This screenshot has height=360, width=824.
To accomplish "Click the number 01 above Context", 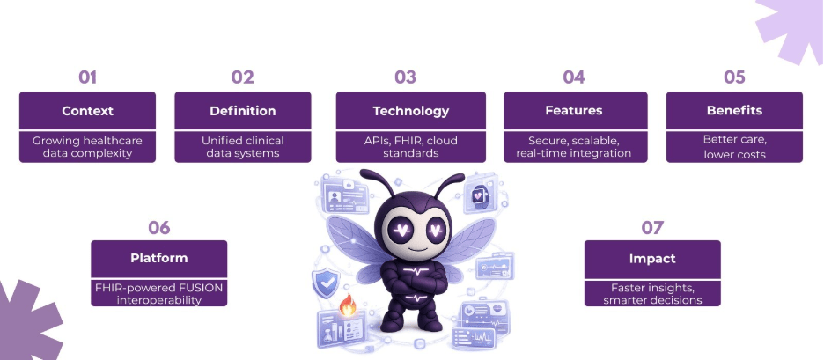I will pos(87,77).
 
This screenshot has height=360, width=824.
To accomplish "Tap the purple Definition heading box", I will pos(242,111).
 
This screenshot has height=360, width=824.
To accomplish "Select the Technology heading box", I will pos(411,111).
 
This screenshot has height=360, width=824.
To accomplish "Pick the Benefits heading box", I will pos(734,111).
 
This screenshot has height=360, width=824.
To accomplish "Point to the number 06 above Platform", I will pos(158,228).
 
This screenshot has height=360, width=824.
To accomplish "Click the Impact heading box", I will pos(652,259).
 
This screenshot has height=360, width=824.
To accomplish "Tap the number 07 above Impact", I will pos(652,228).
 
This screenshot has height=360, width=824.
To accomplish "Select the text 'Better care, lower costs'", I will pos(734,146).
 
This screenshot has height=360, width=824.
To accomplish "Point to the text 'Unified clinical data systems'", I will pos(242,146).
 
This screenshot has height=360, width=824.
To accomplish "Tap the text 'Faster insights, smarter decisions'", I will pos(652,294).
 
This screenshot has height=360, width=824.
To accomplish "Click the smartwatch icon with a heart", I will pos(479,195).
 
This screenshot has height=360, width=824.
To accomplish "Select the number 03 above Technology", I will pos(405,77).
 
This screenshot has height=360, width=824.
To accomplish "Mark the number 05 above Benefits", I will pos(734,77).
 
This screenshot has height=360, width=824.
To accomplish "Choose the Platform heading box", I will pos(158,259).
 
